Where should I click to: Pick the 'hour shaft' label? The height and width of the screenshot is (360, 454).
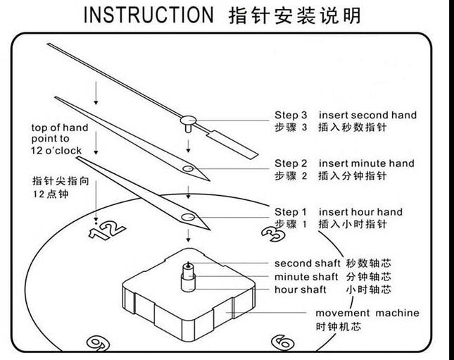301,290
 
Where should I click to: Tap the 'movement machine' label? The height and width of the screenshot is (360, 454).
367,313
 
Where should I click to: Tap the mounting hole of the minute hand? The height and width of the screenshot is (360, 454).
187,169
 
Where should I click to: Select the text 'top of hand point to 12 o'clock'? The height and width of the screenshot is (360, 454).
59,139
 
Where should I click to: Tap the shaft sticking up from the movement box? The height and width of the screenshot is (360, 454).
189,274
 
